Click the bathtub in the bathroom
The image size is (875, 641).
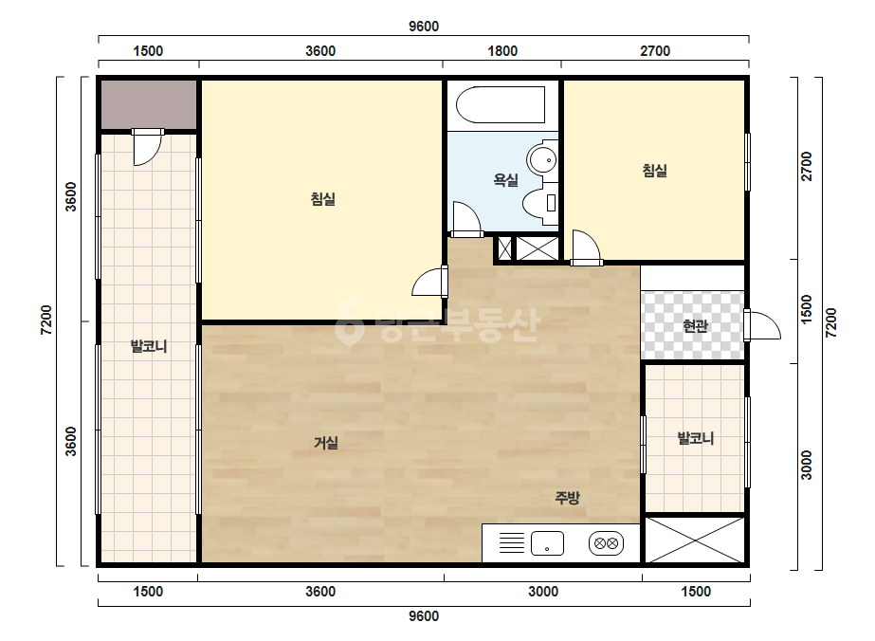(x=501, y=104)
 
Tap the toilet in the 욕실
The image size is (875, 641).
(x=540, y=203)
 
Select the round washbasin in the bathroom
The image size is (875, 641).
(x=542, y=159)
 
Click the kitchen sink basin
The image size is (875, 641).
(x=547, y=543)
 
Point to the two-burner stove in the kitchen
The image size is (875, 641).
(x=606, y=543)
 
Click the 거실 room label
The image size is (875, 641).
(x=326, y=443)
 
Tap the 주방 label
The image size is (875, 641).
(x=567, y=497)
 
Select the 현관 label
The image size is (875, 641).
(x=695, y=325)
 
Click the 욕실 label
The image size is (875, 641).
(x=505, y=180)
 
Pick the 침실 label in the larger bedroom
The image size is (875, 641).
(x=323, y=199)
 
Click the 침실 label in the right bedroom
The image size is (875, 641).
(x=654, y=171)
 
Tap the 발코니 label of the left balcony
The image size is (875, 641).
(x=149, y=346)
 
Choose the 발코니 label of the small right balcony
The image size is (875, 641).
(x=696, y=438)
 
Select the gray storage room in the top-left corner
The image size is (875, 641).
(x=149, y=104)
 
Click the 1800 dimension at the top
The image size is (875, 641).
(x=502, y=51)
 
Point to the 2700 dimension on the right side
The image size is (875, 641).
(x=807, y=166)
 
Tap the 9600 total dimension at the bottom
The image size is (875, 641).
(x=424, y=616)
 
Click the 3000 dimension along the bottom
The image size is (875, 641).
(x=543, y=592)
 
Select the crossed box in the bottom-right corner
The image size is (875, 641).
(x=695, y=540)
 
